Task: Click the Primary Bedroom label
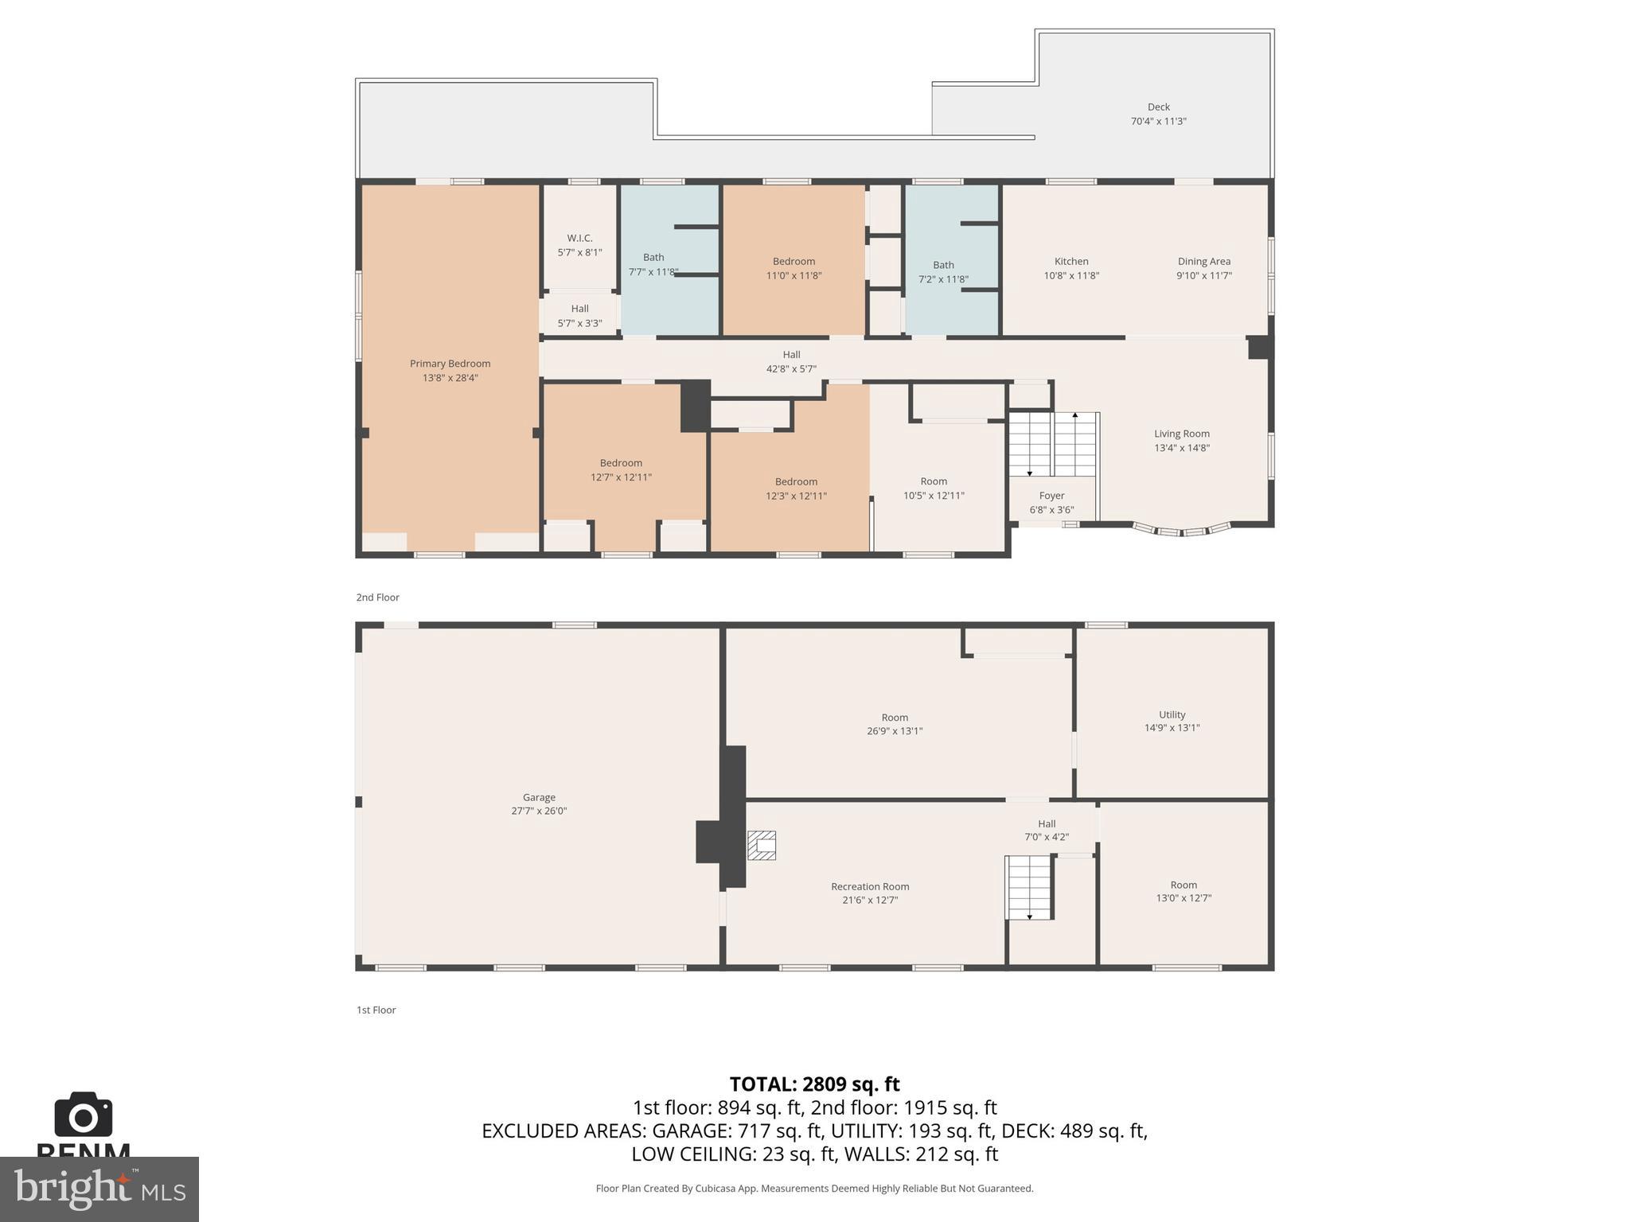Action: coord(450,364)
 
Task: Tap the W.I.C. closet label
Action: coord(579,238)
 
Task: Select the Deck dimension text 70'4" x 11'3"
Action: coord(1158,122)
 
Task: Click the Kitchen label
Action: coord(1070,261)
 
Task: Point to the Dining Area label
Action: coord(1203,261)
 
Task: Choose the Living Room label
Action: coord(1181,434)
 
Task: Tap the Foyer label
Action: coord(1051,496)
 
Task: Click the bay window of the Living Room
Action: coord(1181,529)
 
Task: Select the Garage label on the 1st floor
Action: coord(539,797)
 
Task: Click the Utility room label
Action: coord(1172,714)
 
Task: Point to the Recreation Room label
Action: coord(869,886)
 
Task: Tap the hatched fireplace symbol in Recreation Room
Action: coord(762,845)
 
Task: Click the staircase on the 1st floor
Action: coord(1029,887)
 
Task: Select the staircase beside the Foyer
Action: coord(1053,444)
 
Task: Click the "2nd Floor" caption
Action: coord(377,597)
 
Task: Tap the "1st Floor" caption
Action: coord(376,1010)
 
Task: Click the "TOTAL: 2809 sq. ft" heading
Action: coord(814,1084)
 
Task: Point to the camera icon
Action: coord(83,1115)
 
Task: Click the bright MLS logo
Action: coord(99,1189)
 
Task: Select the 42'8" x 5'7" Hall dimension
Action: coord(790,369)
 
